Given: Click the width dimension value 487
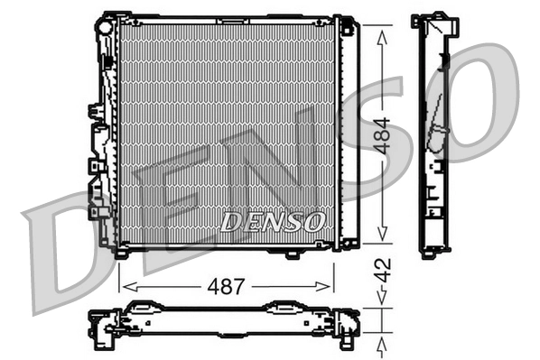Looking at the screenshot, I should click(226, 287).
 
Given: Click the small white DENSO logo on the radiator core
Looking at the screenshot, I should click(268, 220).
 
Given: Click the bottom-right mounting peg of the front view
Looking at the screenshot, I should click(292, 254).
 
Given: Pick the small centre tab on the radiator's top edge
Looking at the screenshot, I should click(221, 15).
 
